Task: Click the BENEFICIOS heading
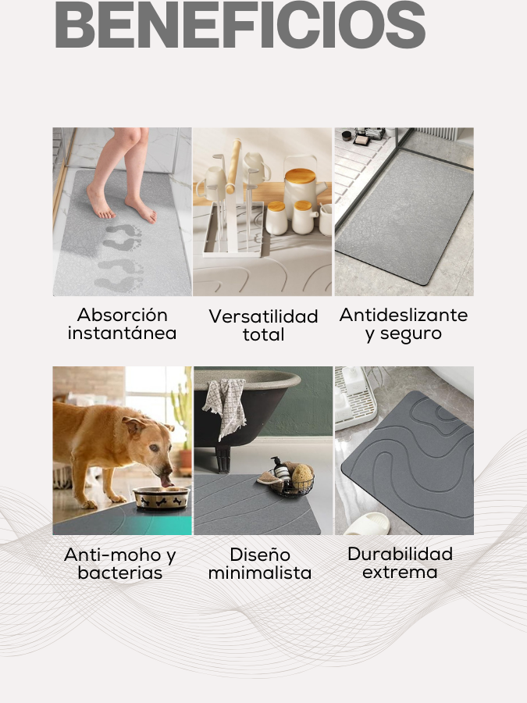click(x=240, y=25)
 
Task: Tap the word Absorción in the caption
click(x=123, y=315)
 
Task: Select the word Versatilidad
click(x=264, y=316)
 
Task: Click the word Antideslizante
click(x=404, y=315)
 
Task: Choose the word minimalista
click(x=260, y=573)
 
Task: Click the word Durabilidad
click(x=401, y=554)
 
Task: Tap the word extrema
click(x=400, y=572)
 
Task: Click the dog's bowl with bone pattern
click(x=162, y=498)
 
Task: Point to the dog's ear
click(x=135, y=426)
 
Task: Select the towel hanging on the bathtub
click(x=225, y=405)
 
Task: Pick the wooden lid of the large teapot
click(x=300, y=175)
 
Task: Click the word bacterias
click(x=119, y=573)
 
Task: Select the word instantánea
click(x=123, y=333)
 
